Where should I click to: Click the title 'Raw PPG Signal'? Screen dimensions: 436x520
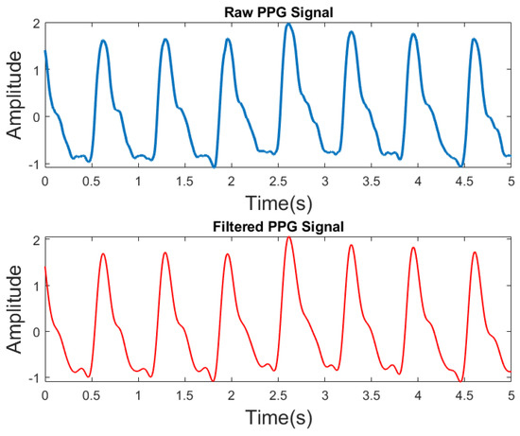[x=277, y=9]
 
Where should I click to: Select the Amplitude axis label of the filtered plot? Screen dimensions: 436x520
[x=15, y=308]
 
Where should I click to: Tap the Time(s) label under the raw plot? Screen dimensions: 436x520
[x=277, y=201]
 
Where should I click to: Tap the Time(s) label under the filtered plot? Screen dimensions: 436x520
[x=277, y=417]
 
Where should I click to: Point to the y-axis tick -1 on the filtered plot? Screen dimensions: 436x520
[x=32, y=378]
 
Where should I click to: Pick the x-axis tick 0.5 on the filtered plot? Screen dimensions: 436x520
[x=92, y=395]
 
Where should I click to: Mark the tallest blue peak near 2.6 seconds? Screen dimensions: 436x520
[x=288, y=24]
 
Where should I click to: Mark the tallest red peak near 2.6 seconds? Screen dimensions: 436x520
[x=288, y=237]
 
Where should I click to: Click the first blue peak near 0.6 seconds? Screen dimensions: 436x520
[x=102, y=41]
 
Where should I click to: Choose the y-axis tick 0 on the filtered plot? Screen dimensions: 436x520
[x=35, y=332]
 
